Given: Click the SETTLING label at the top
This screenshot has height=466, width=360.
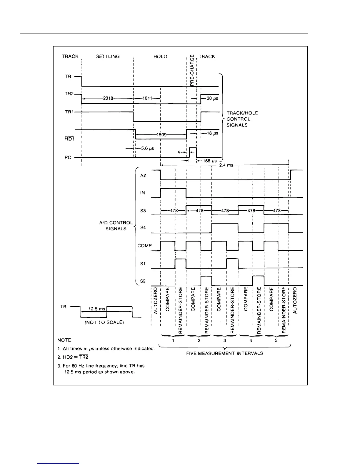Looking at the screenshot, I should point(108,56).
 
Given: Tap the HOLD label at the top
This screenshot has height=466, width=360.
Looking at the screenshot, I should point(160,56).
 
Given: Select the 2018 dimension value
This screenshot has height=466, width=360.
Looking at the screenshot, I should point(108,99).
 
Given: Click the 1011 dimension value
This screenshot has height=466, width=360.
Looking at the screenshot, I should point(147,99).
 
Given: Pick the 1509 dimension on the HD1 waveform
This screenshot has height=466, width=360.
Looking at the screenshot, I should point(161,135).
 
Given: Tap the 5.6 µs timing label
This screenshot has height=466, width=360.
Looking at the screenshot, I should point(147,149).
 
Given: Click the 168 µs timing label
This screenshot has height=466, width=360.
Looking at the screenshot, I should point(210,161).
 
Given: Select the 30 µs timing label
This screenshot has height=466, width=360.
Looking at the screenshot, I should point(212,99).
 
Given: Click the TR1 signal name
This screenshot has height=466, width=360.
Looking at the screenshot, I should point(69,112).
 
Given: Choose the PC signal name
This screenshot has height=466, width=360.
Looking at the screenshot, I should point(68,157).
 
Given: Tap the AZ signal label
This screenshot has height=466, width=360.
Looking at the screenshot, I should point(143,175).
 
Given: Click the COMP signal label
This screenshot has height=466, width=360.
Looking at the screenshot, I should point(144,245).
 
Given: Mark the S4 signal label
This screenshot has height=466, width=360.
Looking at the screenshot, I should point(143,228).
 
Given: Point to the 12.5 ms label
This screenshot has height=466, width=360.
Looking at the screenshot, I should point(97,309).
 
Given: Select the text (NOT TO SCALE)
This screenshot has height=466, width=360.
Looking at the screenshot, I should point(104,322).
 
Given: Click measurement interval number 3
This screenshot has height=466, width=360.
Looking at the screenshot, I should point(225,341).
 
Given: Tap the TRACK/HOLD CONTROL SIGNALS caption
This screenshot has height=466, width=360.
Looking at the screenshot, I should point(238,119).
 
